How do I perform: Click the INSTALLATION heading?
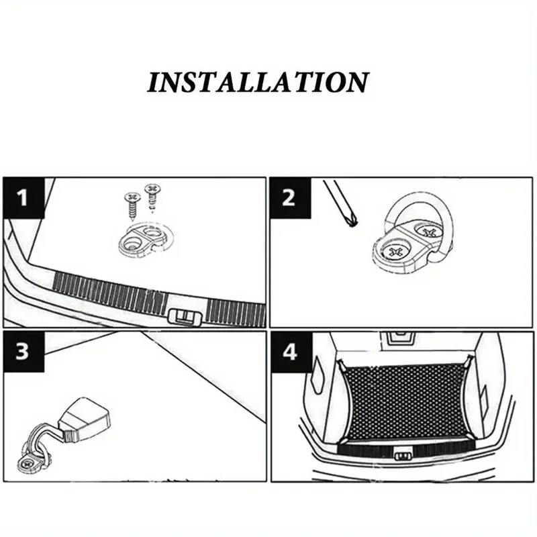point(258,83)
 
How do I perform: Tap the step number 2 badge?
point(289,198)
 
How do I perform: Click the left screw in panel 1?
point(131,205)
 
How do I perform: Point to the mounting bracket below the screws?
point(141,240)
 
